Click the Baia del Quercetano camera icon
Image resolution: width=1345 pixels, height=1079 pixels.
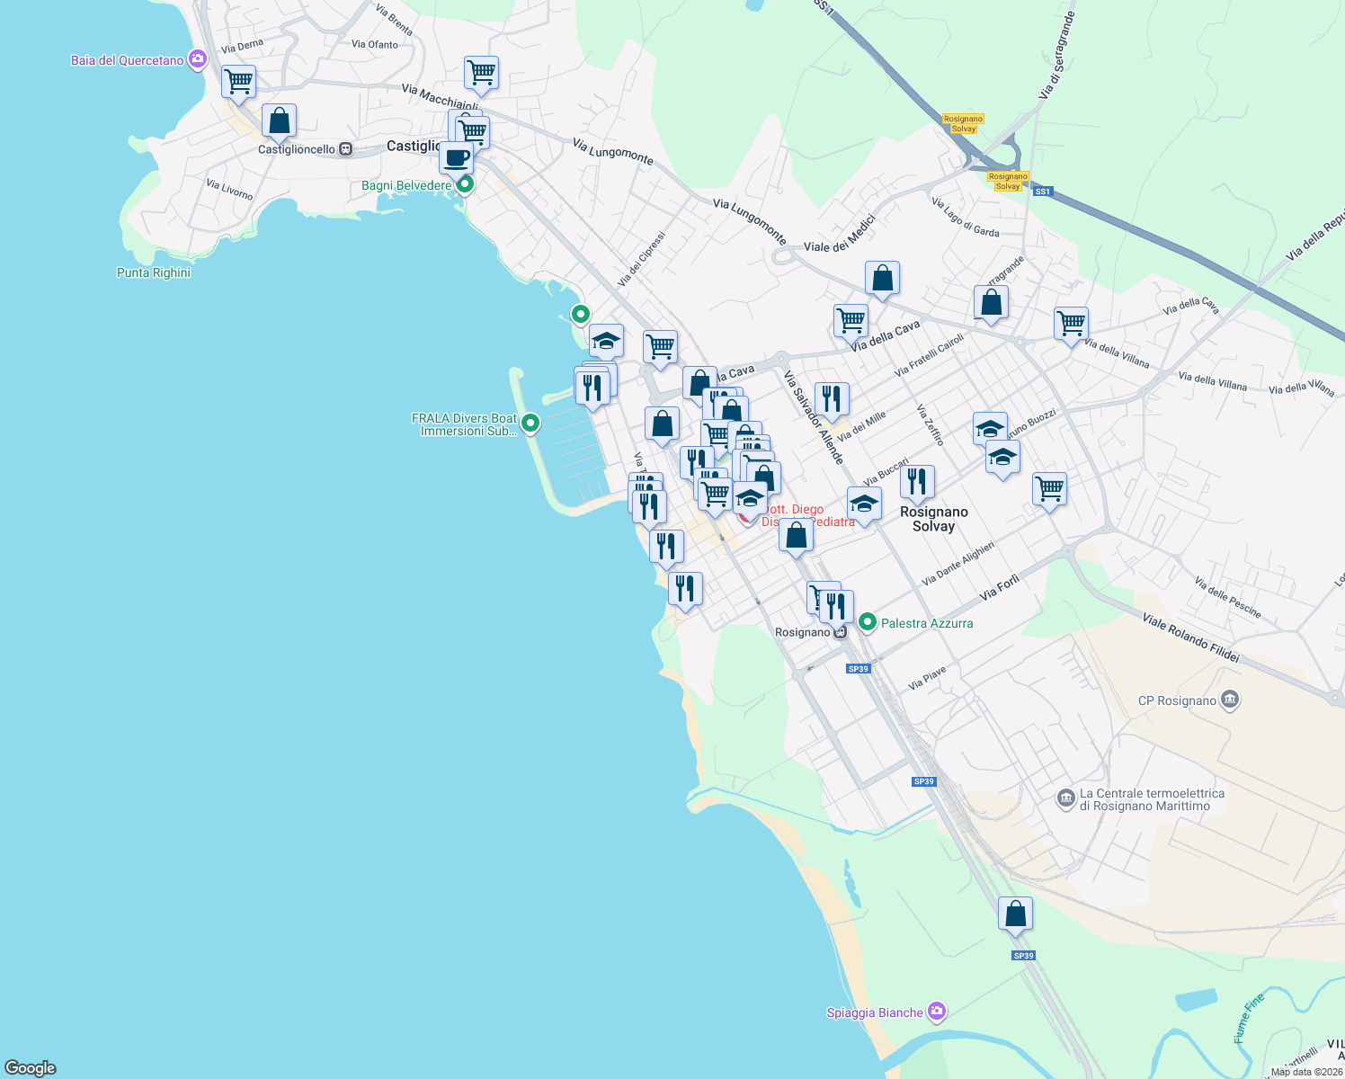tap(198, 60)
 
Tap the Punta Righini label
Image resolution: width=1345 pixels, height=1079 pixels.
tap(154, 272)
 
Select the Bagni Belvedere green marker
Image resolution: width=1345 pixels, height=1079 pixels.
tap(465, 185)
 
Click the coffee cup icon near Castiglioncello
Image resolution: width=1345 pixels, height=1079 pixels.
tap(457, 159)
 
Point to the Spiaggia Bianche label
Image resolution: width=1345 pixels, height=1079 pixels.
tap(875, 1012)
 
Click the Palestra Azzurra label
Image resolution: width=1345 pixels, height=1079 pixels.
tap(926, 623)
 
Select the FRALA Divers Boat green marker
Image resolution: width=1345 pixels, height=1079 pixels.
tap(530, 423)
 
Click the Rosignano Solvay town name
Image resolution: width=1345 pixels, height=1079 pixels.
tap(933, 519)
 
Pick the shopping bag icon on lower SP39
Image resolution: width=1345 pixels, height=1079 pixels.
tap(1015, 914)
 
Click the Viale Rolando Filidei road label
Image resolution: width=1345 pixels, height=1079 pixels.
tap(1190, 638)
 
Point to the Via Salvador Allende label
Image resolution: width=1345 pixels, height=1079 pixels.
tap(813, 417)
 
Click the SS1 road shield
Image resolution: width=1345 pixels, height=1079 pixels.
tap(1042, 192)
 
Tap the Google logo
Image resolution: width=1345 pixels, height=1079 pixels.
tap(31, 1068)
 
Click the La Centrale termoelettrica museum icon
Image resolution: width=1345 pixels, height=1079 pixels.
tap(1065, 798)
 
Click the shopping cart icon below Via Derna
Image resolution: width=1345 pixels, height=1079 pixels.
tap(238, 82)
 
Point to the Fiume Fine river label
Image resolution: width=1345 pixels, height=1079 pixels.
tap(1249, 1018)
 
